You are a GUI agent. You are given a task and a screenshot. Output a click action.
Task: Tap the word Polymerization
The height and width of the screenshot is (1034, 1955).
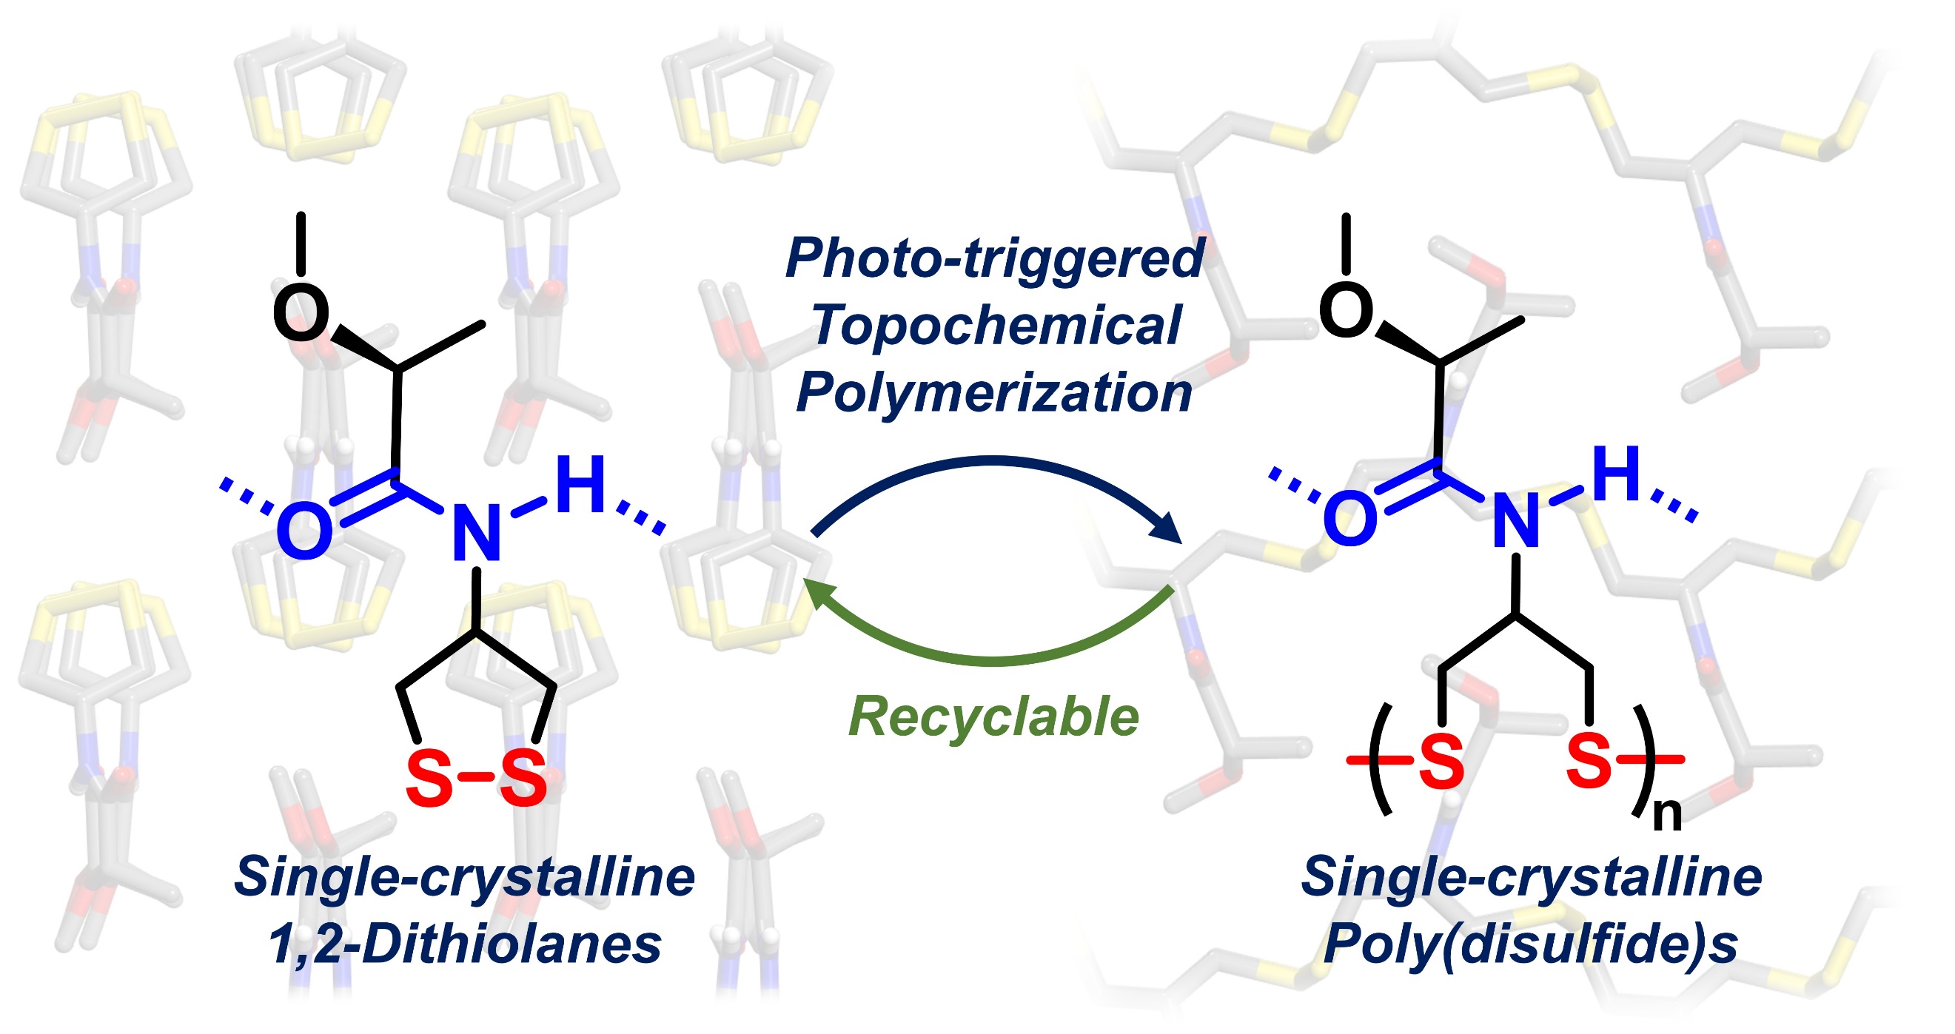(x=994, y=393)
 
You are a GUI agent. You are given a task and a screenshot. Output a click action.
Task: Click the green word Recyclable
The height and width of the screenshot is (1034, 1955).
(x=993, y=717)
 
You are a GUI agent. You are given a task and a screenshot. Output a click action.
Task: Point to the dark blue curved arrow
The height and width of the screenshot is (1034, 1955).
(x=994, y=460)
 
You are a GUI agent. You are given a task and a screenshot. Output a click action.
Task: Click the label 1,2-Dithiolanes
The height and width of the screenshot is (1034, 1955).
(x=464, y=945)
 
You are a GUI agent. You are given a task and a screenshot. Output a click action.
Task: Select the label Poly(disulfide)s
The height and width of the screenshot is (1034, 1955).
(x=1530, y=945)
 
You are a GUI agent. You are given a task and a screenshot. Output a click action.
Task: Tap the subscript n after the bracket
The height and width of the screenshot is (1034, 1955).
(x=1666, y=815)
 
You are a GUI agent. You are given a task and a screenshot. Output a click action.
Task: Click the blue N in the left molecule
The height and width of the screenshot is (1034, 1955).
(x=477, y=534)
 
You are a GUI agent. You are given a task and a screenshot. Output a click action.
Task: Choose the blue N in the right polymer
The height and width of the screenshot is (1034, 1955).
(x=1515, y=521)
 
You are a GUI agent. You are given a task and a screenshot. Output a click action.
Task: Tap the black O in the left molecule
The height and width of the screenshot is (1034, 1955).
(x=301, y=312)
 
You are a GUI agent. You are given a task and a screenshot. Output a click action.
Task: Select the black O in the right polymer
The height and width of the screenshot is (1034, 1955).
(x=1347, y=309)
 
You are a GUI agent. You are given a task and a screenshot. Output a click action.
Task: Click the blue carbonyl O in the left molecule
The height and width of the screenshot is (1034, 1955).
(x=304, y=531)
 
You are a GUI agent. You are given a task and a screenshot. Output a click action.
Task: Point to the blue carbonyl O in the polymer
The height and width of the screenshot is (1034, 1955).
(x=1349, y=519)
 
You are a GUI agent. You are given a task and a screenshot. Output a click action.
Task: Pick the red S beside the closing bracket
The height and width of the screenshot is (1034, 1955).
(x=1589, y=760)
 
